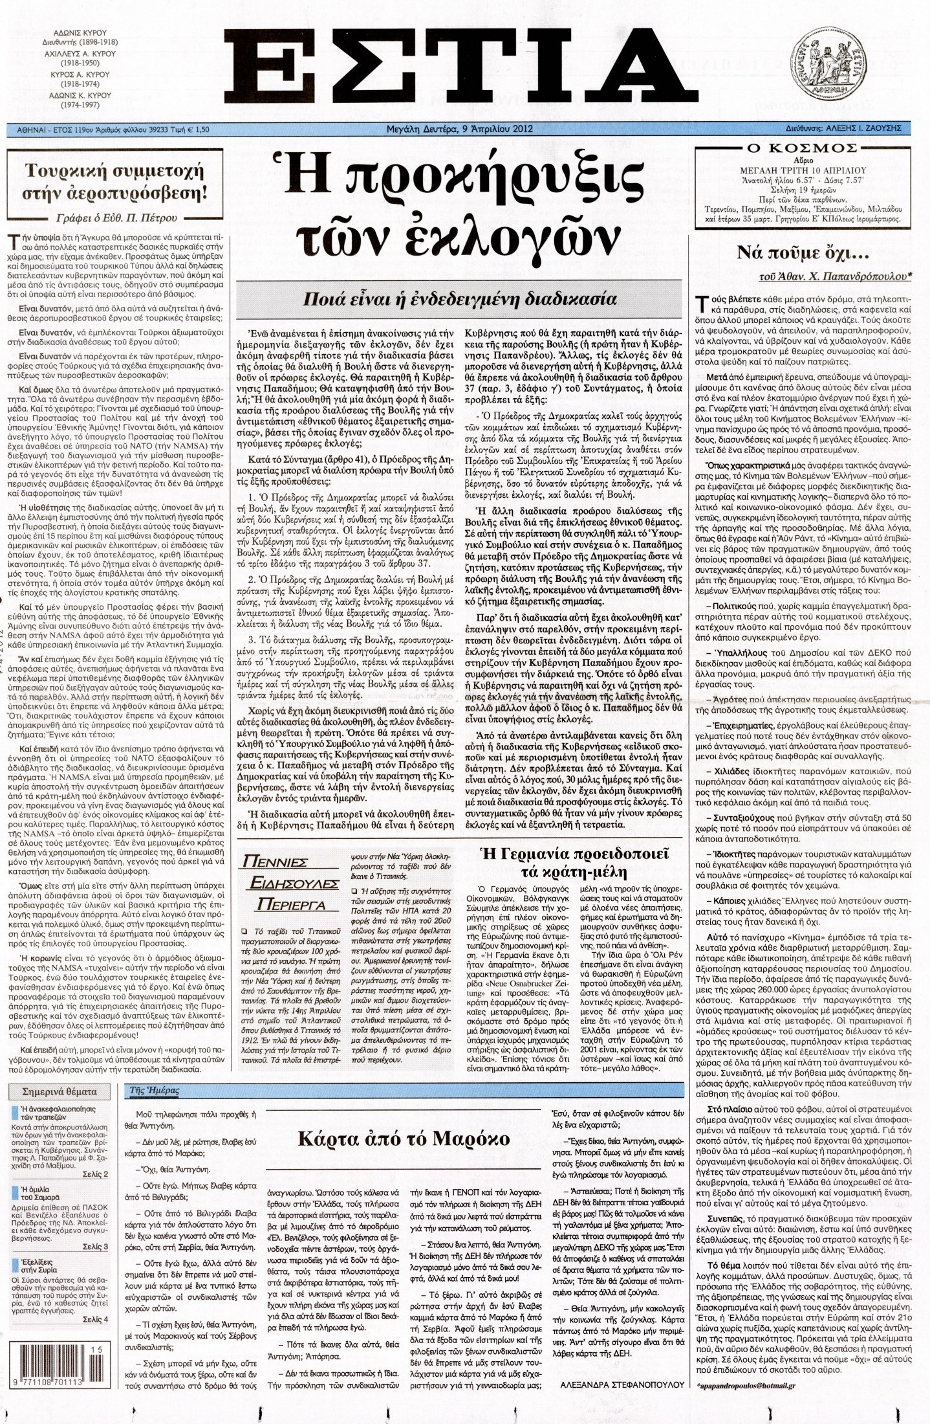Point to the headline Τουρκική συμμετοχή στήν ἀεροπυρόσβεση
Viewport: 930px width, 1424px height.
click(114, 182)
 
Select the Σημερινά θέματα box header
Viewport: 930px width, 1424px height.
click(59, 1091)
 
